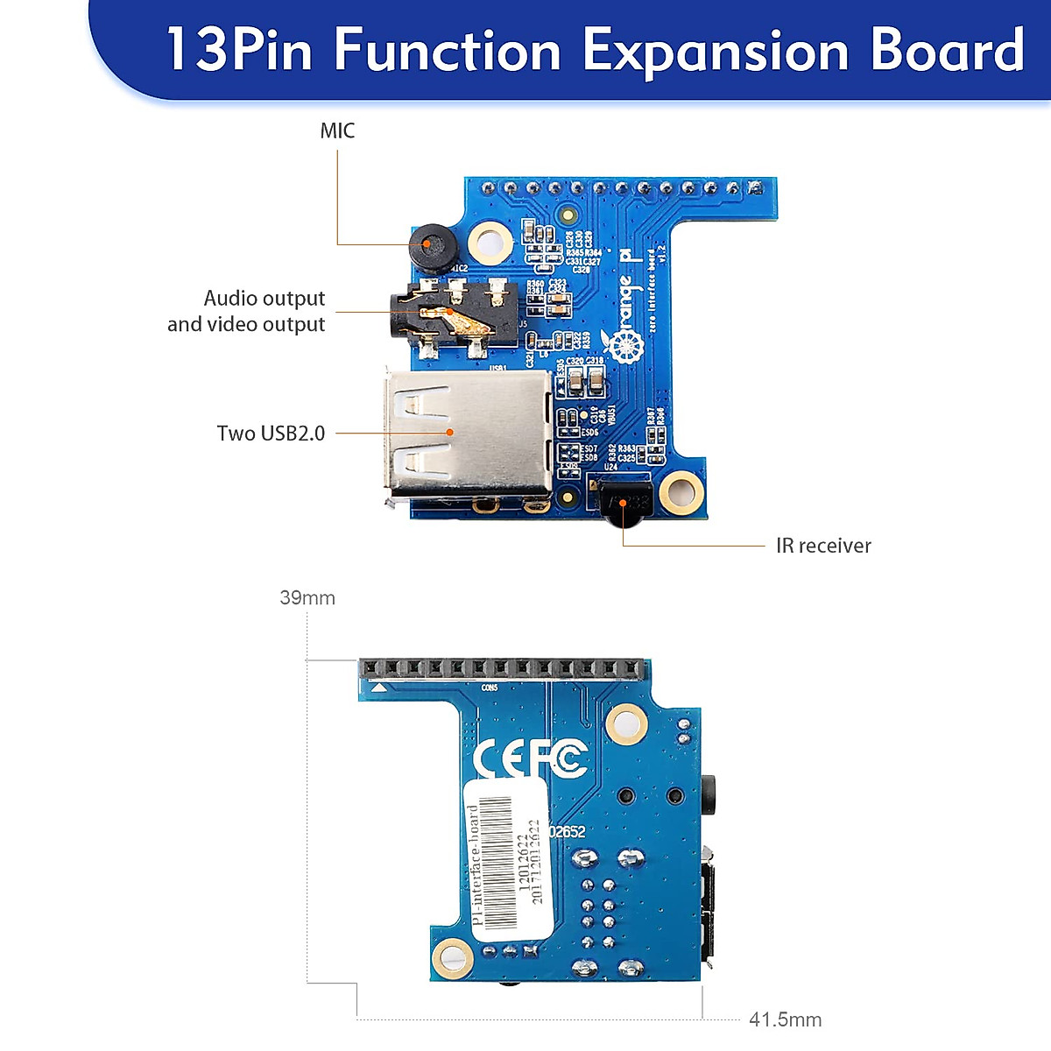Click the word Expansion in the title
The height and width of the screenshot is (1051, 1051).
[716, 50]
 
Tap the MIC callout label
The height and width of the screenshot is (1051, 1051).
[337, 131]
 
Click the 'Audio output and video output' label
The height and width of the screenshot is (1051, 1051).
[247, 311]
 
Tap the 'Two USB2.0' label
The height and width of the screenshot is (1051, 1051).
[271, 434]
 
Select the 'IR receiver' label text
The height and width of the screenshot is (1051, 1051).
[823, 547]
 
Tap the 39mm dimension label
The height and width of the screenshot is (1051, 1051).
[307, 598]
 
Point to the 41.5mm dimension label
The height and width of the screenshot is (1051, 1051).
[785, 1020]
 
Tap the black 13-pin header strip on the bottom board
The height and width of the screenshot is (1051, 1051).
[504, 670]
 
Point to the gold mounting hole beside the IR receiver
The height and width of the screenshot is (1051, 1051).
[681, 493]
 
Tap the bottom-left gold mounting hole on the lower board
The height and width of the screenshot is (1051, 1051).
[453, 956]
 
